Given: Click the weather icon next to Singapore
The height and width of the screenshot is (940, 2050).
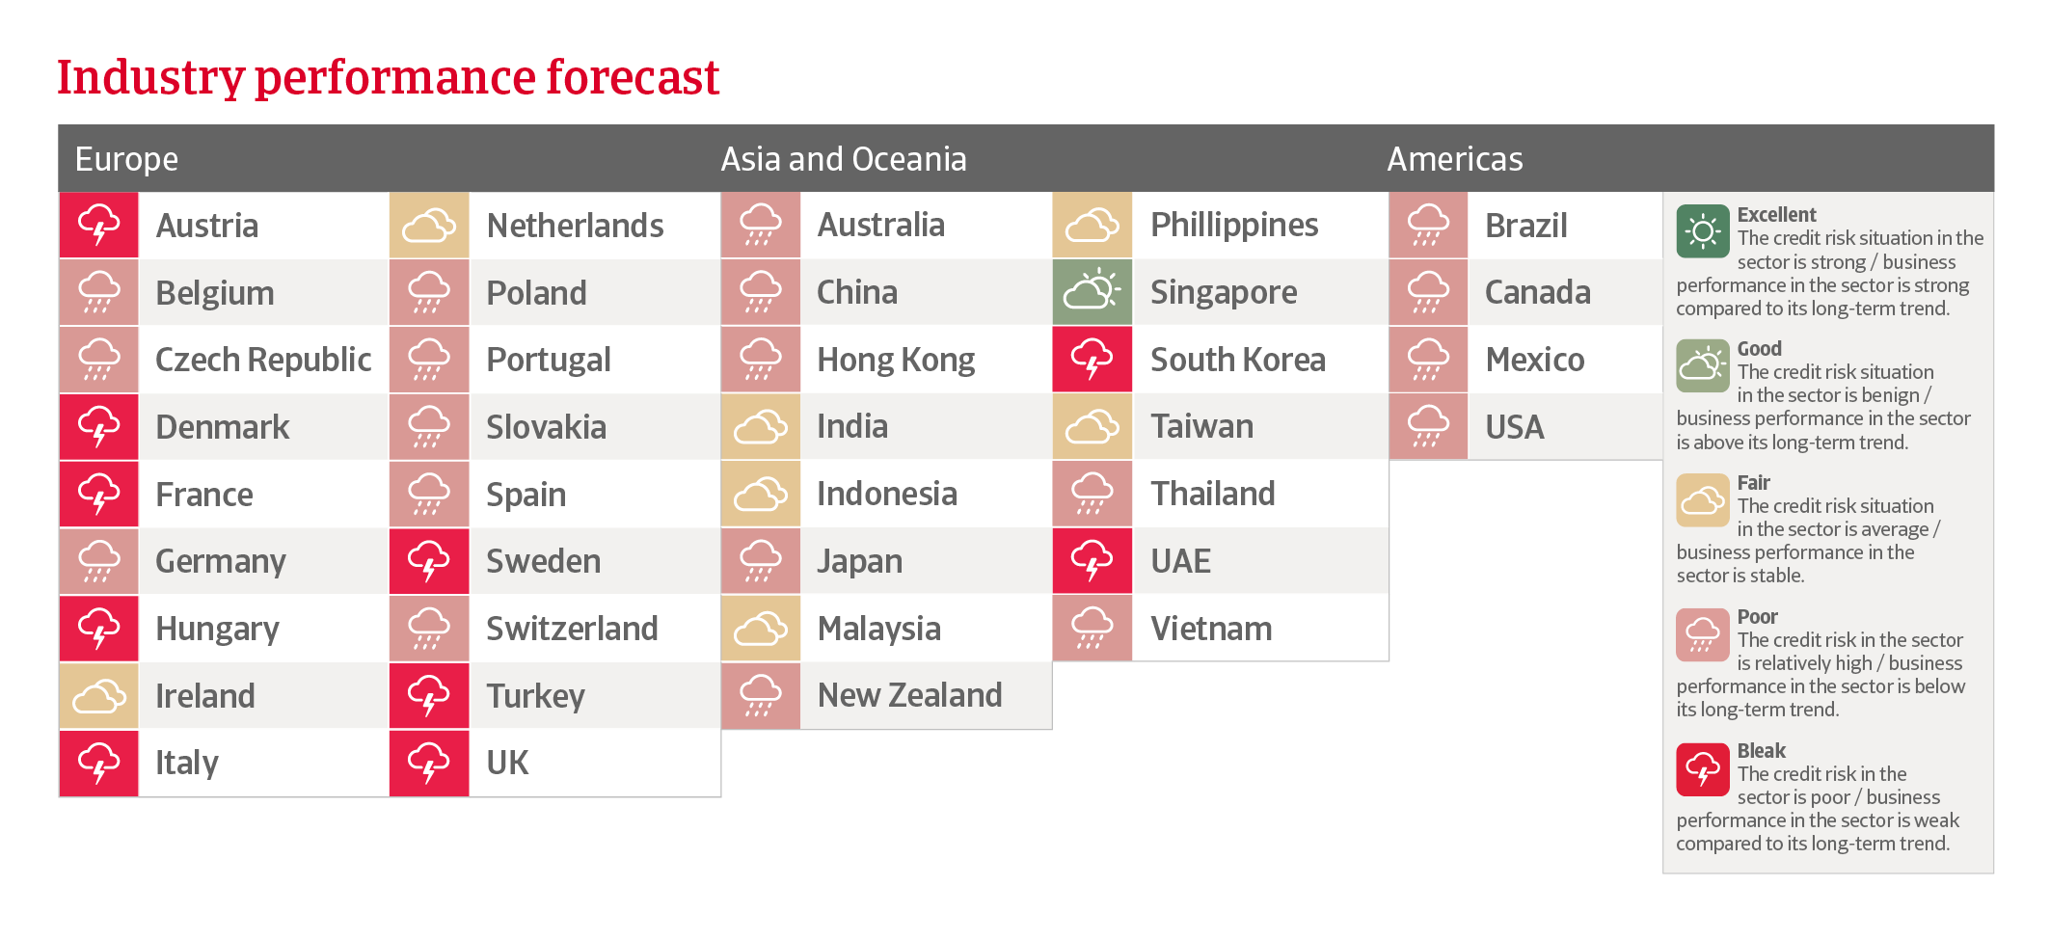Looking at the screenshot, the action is pos(1092,292).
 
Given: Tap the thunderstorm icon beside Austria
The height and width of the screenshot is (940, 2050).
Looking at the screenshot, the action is pos(99,226).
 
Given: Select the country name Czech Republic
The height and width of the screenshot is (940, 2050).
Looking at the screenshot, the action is pos(263,360).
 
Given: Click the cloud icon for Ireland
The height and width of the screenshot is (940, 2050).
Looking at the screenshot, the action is pos(99,695).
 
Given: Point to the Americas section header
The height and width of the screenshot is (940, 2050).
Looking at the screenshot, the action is pos(1455,158).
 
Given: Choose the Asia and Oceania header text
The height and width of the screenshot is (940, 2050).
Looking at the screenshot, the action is pos(844,158).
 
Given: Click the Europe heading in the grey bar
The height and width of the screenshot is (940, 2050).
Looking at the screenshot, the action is pos(126,159).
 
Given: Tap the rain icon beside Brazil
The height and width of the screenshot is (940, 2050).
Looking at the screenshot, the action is pos(1428,226).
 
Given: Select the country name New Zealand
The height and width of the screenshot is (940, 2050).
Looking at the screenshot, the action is pos(910,695).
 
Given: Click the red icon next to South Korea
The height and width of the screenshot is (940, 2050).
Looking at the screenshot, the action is pos(1092,360).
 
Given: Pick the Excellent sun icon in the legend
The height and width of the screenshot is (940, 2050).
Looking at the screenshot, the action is pos(1703,231).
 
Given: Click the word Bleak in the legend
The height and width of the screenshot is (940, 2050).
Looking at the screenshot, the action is pos(1762,750).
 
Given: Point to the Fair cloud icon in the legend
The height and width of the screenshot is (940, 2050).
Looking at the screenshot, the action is pos(1703,499).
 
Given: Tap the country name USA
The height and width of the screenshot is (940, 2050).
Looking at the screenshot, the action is pos(1515,427).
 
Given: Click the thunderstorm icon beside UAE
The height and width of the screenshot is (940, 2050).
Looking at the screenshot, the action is pos(1092,561).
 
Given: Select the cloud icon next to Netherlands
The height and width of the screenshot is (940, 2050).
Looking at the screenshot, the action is pos(429,226).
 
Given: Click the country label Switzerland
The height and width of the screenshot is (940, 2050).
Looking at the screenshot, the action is pos(572,629).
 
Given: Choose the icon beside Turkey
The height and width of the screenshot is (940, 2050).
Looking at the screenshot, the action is pos(429,695).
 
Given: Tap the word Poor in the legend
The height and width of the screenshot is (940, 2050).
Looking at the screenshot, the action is pos(1758,616).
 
